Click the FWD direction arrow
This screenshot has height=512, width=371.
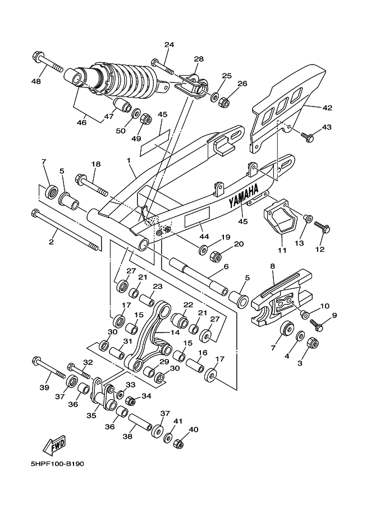(x=54, y=445)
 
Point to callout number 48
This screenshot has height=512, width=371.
(x=36, y=81)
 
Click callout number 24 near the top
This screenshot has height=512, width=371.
(x=170, y=45)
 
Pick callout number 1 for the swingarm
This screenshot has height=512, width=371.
(x=129, y=160)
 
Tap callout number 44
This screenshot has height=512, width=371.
(x=205, y=236)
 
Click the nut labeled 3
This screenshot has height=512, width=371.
(x=313, y=344)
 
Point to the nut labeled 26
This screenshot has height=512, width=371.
(x=225, y=102)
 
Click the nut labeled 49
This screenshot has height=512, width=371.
(x=146, y=118)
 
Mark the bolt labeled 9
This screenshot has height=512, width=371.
(x=317, y=324)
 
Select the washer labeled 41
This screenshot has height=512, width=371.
(x=169, y=437)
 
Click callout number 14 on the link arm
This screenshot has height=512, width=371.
(x=175, y=333)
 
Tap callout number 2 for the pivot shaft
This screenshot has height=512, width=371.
(x=51, y=242)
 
